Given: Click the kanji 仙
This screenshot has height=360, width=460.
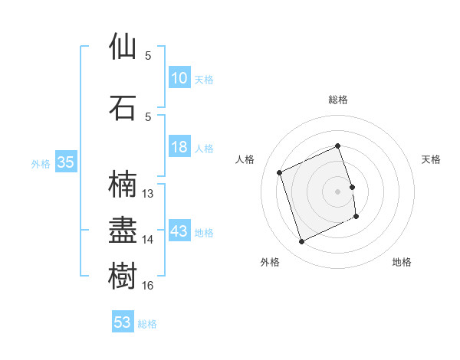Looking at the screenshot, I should (123, 47).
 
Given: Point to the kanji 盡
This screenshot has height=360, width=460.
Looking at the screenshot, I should (123, 230).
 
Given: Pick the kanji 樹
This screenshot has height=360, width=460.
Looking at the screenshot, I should (123, 275).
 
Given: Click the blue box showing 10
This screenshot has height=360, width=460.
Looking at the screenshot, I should (179, 78).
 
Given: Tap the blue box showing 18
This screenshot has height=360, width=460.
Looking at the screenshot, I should (179, 147).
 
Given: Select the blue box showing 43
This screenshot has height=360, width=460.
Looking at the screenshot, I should (179, 231).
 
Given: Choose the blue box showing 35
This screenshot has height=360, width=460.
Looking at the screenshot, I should (65, 162).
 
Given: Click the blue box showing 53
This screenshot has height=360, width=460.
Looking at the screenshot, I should (123, 322).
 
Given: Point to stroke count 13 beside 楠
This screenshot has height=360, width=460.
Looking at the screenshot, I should (148, 194).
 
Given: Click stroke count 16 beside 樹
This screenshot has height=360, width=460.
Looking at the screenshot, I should (148, 286).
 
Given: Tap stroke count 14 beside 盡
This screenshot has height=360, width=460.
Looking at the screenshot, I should (148, 240).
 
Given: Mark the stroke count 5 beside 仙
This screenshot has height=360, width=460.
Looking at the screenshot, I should (148, 56).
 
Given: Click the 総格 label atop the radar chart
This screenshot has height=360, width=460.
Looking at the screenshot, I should (337, 100).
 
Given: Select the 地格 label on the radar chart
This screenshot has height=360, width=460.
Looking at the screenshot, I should (402, 262).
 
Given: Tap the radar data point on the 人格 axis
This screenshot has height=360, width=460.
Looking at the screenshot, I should (280, 172).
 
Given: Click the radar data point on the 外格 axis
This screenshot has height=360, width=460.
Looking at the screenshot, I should (301, 242).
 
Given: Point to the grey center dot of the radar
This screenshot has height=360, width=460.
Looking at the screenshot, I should (337, 191).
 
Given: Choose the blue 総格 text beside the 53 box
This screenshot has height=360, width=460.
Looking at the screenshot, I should (147, 324).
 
